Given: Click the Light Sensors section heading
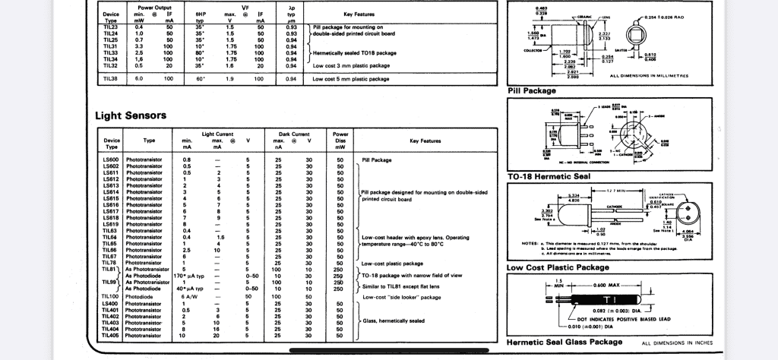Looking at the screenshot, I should (131, 116).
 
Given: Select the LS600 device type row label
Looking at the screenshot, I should (111, 160).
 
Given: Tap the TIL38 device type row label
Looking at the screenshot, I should (111, 78).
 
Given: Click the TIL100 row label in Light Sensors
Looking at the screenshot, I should (112, 296).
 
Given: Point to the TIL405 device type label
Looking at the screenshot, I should (111, 335).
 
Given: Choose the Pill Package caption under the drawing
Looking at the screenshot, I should (532, 91).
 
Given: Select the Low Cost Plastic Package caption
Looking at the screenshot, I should (557, 267).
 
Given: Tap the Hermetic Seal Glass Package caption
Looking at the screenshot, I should (563, 343).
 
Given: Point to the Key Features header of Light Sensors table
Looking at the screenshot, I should (425, 141).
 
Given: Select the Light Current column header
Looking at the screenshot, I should (217, 134).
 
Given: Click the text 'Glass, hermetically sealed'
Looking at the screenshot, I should (394, 321).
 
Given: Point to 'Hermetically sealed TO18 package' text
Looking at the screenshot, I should (354, 52).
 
